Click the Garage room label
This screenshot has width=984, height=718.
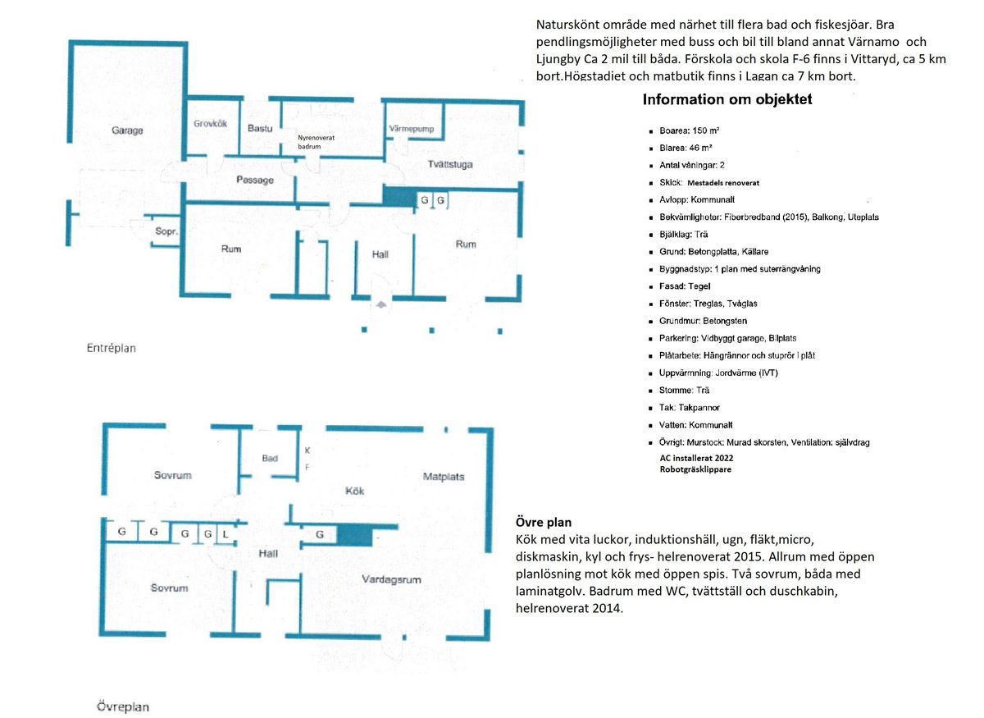(127, 130)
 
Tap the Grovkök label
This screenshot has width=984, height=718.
(211, 124)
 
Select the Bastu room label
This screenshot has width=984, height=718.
(260, 128)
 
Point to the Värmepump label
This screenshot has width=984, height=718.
(411, 129)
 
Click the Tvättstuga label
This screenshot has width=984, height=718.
(450, 164)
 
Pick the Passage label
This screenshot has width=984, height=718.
(255, 180)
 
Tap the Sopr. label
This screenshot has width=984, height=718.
(166, 231)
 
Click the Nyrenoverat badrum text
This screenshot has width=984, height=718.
(316, 142)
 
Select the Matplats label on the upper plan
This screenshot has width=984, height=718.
(444, 477)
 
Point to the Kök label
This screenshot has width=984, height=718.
(354, 491)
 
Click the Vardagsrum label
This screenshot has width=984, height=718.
(391, 579)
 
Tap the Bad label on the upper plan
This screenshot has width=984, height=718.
(270, 458)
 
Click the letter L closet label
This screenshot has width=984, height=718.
(225, 534)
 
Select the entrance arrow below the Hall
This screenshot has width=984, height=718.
(380, 304)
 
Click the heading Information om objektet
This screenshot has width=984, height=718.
(727, 99)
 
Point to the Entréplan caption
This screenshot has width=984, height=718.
(112, 348)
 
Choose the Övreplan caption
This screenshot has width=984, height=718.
(122, 707)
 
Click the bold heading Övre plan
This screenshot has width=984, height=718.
(544, 523)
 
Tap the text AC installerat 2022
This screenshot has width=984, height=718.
(696, 458)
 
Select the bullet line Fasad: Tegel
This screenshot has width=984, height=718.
(685, 286)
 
